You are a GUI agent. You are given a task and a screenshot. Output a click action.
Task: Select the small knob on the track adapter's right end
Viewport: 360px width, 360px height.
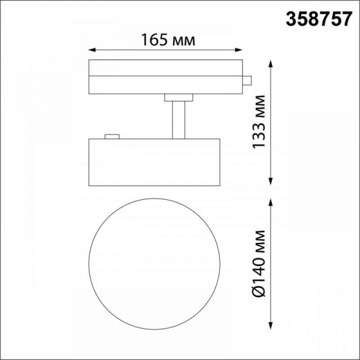(x=247, y=80)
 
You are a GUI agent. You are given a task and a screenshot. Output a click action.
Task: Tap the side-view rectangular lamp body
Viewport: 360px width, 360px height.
(x=155, y=162)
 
